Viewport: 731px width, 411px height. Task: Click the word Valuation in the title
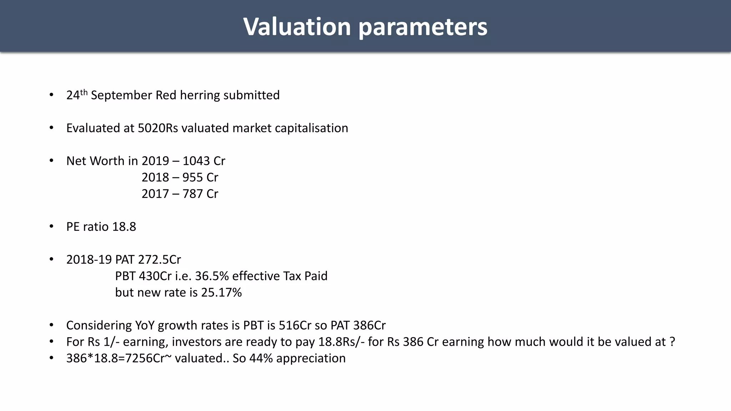tap(297, 27)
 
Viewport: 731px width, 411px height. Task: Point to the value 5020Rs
tap(158, 128)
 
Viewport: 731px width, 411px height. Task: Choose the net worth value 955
tap(192, 177)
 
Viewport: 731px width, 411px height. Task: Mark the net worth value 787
tap(192, 194)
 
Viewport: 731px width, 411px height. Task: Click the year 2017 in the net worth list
tap(155, 194)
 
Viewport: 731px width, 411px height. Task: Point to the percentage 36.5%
tap(212, 276)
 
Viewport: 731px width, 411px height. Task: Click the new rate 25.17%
tap(221, 292)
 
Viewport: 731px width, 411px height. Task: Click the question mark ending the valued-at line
tap(672, 342)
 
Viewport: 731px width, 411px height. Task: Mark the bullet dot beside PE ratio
tap(51, 227)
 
